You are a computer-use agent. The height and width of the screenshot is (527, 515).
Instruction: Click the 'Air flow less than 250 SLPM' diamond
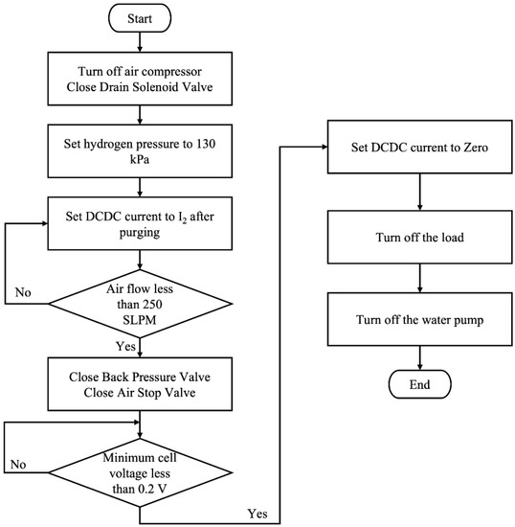142,292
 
